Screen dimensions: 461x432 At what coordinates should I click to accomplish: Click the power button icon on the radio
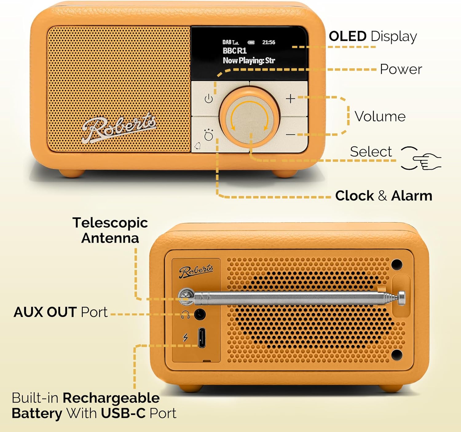tap(209, 99)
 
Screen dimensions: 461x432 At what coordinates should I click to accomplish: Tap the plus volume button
tap(290, 99)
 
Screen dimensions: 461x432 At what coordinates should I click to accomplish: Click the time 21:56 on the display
tap(269, 42)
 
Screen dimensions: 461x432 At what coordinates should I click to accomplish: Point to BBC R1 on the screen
tap(234, 51)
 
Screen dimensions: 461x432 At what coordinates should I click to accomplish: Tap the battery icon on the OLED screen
tap(251, 42)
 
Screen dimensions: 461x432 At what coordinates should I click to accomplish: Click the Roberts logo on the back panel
tap(196, 271)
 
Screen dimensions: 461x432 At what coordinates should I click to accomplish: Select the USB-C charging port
tap(202, 338)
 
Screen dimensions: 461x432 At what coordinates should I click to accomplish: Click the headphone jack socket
tap(200, 315)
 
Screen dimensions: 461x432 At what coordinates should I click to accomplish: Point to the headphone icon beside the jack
tap(185, 315)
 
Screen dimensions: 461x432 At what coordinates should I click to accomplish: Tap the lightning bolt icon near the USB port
tap(185, 338)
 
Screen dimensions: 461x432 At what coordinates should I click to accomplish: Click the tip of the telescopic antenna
tap(402, 298)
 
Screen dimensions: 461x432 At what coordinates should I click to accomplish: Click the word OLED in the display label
tap(348, 37)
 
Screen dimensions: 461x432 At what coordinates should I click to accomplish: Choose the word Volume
tap(380, 116)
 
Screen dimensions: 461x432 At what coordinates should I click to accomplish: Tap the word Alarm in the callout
tap(412, 196)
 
